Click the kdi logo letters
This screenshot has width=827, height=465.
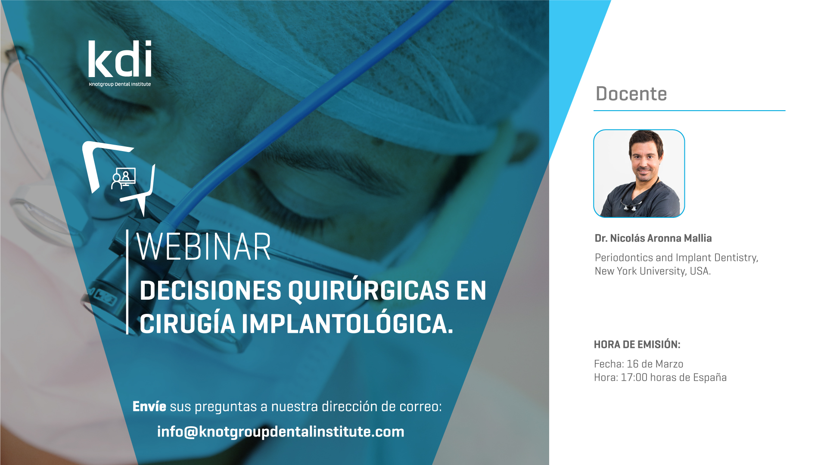[120, 59]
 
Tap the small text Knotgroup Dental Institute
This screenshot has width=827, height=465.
[120, 84]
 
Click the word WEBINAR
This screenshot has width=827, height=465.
[203, 247]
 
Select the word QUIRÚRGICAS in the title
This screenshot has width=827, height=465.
[369, 291]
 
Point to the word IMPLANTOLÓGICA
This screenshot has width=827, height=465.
[347, 324]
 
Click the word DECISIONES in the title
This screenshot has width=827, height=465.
[211, 291]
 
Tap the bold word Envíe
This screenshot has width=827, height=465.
[149, 406]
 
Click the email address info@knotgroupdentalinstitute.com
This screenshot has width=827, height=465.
[280, 431]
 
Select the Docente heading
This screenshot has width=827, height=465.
[631, 94]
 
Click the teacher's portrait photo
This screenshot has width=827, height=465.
[639, 174]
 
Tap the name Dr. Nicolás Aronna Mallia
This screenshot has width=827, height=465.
[653, 238]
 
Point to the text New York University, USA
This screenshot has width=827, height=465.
[653, 271]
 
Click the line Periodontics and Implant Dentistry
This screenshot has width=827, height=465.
[676, 257]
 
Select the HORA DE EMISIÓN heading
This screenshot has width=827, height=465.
[637, 344]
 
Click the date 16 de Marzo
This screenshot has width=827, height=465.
[655, 364]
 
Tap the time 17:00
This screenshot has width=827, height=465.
[634, 378]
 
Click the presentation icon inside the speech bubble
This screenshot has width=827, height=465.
[123, 178]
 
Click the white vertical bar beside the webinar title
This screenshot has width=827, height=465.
[127, 282]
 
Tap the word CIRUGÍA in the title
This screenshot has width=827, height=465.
[187, 324]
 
